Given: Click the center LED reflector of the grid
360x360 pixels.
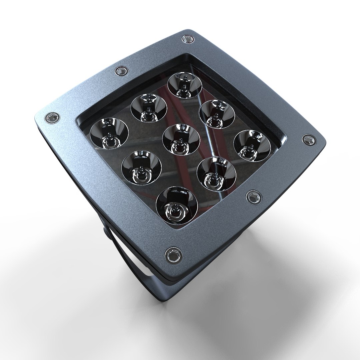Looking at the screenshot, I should click(x=181, y=139).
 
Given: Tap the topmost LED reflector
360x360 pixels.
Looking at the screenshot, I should click(x=185, y=85).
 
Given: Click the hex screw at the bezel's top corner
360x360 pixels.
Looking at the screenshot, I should click(x=188, y=40).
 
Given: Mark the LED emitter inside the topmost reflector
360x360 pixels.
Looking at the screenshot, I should click(x=184, y=87).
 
